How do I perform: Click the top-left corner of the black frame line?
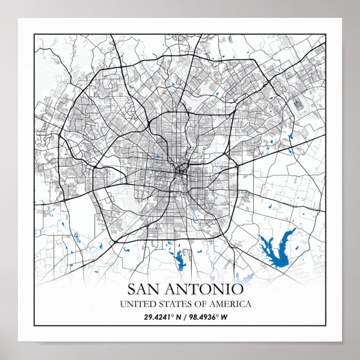[35, 35]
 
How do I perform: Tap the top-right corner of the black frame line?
[325, 35]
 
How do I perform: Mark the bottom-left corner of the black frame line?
[35, 325]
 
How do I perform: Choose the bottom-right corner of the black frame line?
[325, 325]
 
